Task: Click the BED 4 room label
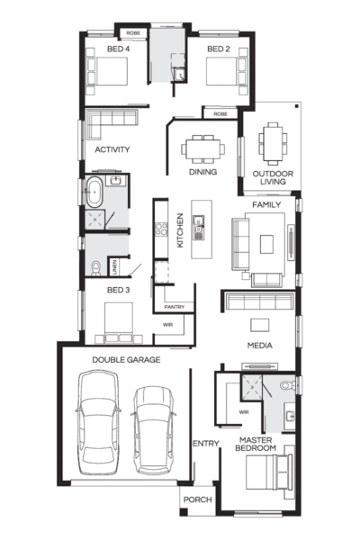[x=118, y=49]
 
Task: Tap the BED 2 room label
[x=220, y=49]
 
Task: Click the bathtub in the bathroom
[x=94, y=193]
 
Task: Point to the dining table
[x=202, y=147]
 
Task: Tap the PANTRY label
[x=175, y=307]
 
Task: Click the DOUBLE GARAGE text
[x=126, y=359]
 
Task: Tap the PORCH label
[x=197, y=500]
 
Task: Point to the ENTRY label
[x=206, y=443]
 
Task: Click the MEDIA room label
[x=261, y=345]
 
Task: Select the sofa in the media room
[x=259, y=302]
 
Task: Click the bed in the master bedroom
[x=268, y=472]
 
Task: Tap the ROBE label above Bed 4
[x=132, y=32]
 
